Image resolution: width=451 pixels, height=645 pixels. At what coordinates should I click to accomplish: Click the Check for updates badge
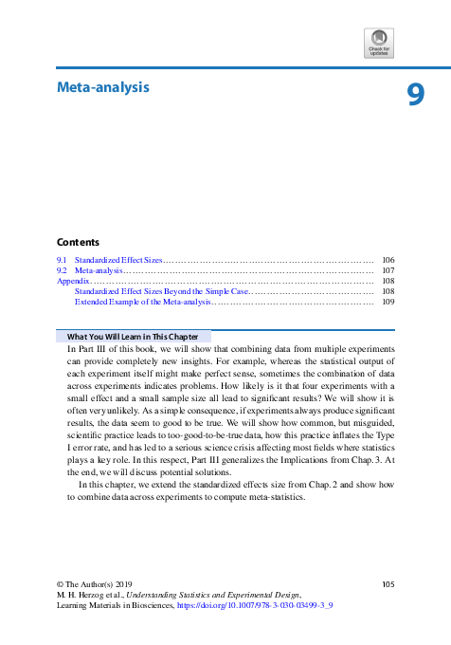pyautogui.click(x=378, y=43)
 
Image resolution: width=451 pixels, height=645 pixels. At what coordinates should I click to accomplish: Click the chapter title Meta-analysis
pyautogui.click(x=103, y=88)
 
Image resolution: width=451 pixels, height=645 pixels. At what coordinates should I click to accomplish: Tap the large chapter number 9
pyautogui.click(x=415, y=96)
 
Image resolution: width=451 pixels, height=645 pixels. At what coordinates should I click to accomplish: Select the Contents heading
pyautogui.click(x=78, y=242)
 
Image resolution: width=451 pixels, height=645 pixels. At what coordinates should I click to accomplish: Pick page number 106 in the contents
pyautogui.click(x=388, y=259)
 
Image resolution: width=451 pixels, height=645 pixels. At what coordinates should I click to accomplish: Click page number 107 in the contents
pyautogui.click(x=388, y=270)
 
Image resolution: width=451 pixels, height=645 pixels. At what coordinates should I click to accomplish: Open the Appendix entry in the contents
pyautogui.click(x=72, y=281)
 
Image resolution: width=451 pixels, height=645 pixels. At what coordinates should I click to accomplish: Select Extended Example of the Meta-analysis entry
pyautogui.click(x=142, y=302)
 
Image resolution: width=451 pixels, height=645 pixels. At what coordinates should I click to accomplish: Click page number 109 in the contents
pyautogui.click(x=388, y=302)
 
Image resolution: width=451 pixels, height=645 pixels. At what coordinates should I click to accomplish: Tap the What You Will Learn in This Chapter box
pyautogui.click(x=133, y=337)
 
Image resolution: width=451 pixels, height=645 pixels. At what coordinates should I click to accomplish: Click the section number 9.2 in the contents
pyautogui.click(x=63, y=270)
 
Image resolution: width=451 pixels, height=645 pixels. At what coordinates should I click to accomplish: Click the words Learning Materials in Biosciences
pyautogui.click(x=115, y=604)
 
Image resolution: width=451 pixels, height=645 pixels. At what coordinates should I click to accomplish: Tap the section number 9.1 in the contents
pyautogui.click(x=63, y=259)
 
